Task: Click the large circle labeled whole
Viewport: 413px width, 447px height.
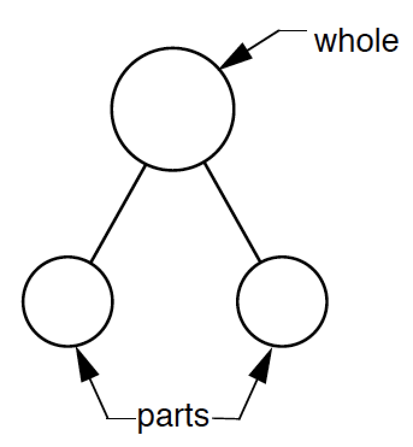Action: tap(172, 108)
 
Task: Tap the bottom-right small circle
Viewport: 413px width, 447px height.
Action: tap(282, 301)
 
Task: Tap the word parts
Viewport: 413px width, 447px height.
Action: tap(173, 416)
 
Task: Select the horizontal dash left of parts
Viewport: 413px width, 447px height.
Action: tap(122, 417)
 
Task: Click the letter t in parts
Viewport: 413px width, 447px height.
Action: tap(190, 416)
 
